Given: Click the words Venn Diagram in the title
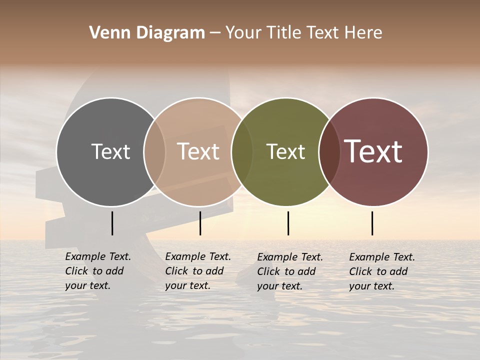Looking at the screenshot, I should (x=147, y=33).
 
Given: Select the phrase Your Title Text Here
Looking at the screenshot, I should (x=303, y=33).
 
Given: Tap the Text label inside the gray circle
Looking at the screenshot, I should (x=110, y=151).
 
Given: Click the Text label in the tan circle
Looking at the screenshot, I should (x=198, y=151).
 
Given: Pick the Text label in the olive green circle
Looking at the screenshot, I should (x=285, y=151).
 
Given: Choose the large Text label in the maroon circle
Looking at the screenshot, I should (x=373, y=151).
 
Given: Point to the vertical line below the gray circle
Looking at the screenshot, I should (x=112, y=223).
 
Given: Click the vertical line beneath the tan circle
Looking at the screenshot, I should (x=200, y=223).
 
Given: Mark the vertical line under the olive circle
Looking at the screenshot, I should (x=288, y=223).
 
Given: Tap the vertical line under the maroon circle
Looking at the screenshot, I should (x=372, y=223).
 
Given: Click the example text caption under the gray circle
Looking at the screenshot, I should (x=97, y=271).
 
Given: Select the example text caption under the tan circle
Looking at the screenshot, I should (x=197, y=271).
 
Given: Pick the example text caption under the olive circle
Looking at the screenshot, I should (x=289, y=271).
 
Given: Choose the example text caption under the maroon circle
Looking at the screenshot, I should (x=381, y=271).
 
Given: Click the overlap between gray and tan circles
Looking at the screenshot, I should (x=154, y=151).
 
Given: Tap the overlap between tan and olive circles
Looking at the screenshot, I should (x=242, y=151).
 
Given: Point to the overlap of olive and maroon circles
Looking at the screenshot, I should (x=329, y=151).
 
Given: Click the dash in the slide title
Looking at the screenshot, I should (x=215, y=33).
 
